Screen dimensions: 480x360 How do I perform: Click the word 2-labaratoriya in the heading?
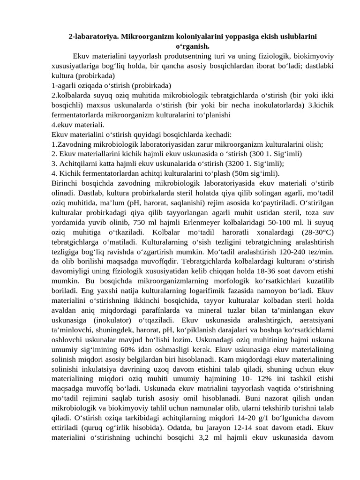click(91, 36)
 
